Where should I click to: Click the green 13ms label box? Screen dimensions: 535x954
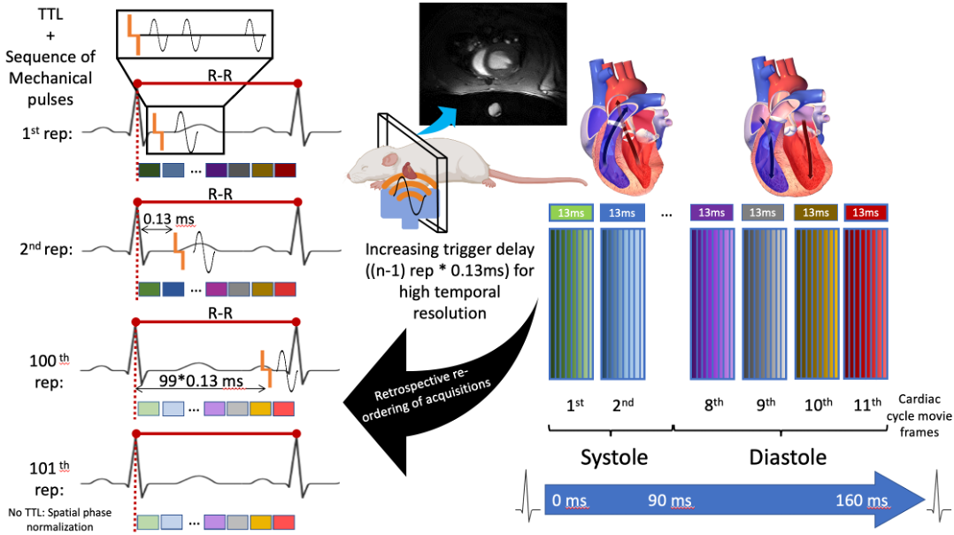(x=571, y=213)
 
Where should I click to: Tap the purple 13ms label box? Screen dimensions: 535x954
(x=712, y=213)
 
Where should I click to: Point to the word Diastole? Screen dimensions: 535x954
(x=788, y=457)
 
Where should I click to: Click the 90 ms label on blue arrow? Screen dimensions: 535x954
(x=668, y=502)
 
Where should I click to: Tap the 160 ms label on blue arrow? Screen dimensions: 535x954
(x=861, y=502)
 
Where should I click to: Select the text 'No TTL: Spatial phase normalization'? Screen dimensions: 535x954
(x=50, y=520)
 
